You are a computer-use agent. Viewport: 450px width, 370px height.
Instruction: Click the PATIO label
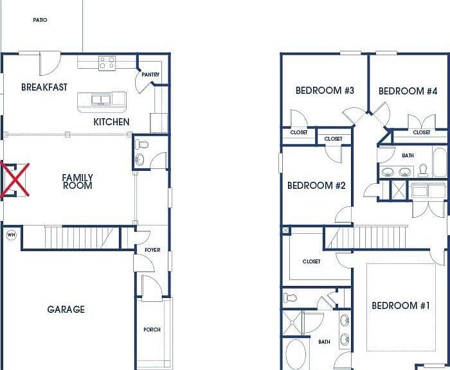[40, 20]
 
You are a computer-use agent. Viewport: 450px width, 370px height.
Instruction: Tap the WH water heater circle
[11, 235]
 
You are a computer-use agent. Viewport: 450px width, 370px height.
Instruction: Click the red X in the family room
[14, 180]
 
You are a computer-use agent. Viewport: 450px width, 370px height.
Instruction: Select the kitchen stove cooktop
[107, 63]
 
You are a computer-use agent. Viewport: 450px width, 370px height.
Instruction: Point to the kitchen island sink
[101, 100]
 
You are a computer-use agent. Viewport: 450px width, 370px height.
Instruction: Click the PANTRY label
[150, 75]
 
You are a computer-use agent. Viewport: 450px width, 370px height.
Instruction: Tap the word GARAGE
[66, 309]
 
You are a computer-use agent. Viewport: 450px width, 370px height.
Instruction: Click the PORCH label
[152, 330]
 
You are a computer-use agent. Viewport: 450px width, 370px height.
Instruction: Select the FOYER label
[152, 250]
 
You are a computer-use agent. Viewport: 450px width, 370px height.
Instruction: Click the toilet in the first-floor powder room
[141, 144]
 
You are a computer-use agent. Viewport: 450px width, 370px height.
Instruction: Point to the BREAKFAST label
[44, 87]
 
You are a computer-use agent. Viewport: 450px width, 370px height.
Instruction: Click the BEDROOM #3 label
[325, 91]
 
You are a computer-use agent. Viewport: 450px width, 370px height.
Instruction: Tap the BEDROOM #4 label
[408, 91]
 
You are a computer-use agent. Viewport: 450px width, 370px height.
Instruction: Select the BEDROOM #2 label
[316, 186]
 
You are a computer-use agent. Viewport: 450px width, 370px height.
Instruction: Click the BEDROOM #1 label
[401, 306]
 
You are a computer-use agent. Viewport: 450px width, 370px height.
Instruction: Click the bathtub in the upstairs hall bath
[440, 162]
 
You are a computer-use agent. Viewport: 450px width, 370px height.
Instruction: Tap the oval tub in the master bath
[296, 354]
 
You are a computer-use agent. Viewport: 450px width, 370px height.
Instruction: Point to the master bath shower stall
[292, 322]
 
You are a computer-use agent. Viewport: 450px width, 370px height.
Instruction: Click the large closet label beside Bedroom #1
[311, 261]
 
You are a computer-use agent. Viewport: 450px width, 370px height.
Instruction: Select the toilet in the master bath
[289, 298]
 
